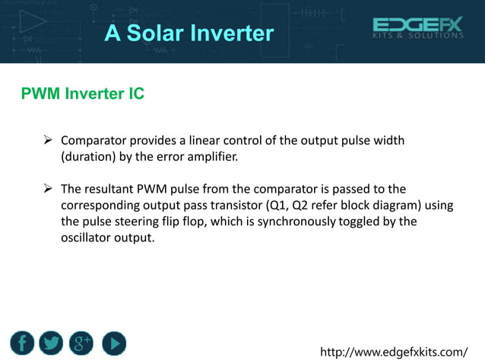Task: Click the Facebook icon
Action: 23,344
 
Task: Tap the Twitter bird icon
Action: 52,344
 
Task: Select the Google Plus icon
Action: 81,344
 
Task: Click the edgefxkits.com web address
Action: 395,351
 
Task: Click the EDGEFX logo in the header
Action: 417,25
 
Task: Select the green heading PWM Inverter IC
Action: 83,94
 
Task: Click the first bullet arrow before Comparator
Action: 47,141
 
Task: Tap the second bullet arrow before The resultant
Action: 47,189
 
